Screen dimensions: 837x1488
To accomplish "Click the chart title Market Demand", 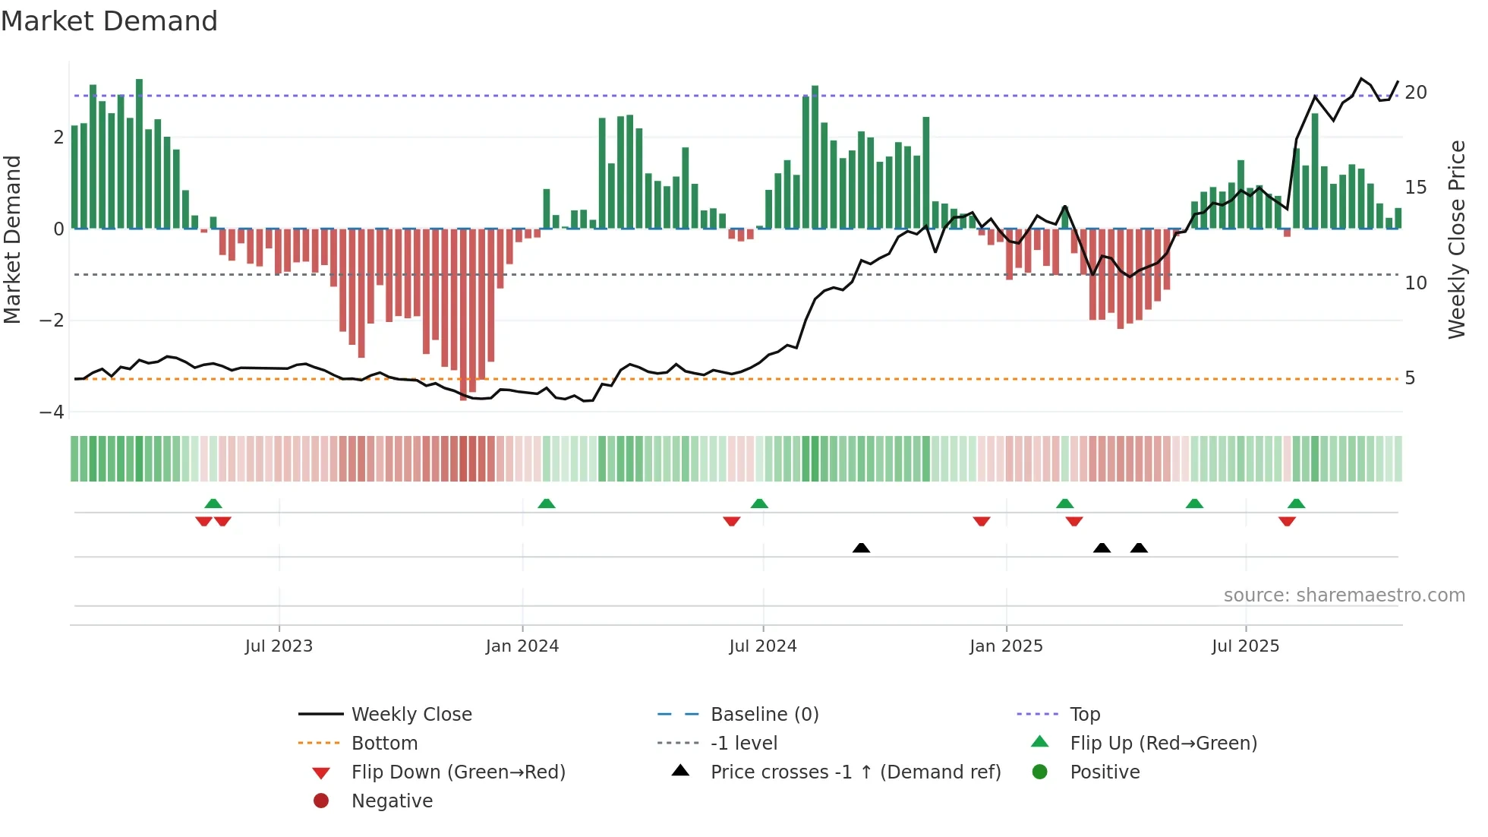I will pos(109,21).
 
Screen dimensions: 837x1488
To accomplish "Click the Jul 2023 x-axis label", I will pos(279,646).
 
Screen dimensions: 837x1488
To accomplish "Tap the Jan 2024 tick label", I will pos(522,646).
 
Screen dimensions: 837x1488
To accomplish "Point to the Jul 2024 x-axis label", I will pos(763,646).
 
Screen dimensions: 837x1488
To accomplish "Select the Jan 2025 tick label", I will pos(1006,646).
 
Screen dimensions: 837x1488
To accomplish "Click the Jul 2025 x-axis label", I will pos(1246,646).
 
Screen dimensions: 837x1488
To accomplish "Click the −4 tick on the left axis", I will pos(52,412).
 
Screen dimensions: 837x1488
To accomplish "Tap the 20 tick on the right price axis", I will pos(1416,93).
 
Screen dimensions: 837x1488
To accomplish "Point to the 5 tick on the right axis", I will pos(1410,378).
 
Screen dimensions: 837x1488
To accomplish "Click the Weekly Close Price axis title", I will pos(1456,239).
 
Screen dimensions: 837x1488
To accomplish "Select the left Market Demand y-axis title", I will pos(12,239).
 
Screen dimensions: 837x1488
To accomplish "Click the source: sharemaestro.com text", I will pos(1344,595).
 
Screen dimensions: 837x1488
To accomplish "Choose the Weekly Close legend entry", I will pos(411,715).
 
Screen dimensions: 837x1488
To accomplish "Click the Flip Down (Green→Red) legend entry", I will pos(458,772).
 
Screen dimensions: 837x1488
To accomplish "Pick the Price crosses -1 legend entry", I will pos(855,772).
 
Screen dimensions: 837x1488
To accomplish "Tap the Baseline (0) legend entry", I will pos(764,715).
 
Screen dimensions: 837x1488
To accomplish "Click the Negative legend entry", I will pos(392,801).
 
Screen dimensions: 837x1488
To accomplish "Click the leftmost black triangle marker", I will pos(861,548).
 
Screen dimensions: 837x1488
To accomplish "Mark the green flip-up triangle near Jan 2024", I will pos(547,504).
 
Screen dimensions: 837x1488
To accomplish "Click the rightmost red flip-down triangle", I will pos(1287,521).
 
